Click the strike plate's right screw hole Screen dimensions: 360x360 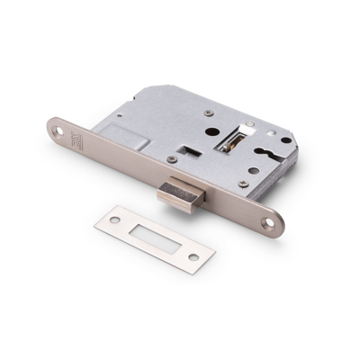point(192,259)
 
